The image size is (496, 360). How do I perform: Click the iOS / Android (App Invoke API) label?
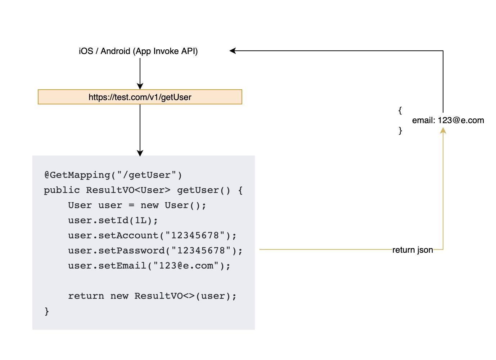pos(138,51)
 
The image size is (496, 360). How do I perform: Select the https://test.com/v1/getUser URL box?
pos(140,97)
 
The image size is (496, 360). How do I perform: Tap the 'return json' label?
pos(412,250)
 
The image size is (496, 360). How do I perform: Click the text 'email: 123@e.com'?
pos(448,120)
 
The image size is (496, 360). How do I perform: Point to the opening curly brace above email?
pos(400,110)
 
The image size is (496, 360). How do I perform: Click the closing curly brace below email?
pos(400,130)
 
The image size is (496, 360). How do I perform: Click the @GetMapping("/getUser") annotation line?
pos(113,175)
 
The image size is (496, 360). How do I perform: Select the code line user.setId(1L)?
pos(113,220)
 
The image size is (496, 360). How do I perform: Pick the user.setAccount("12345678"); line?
pos(152,235)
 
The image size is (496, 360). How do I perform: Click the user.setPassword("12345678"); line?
pos(155,251)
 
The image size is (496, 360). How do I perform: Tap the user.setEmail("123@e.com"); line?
pos(149,266)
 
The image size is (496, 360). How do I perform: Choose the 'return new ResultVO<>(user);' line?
pos(152,296)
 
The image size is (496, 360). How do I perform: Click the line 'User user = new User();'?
pos(137,205)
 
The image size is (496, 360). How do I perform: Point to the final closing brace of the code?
pos(47,311)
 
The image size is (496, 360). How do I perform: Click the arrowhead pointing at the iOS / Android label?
pos(233,51)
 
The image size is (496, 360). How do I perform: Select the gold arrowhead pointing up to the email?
pos(443,131)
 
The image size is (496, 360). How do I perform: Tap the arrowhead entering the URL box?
pos(140,86)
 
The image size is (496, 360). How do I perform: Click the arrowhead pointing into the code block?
pos(140,153)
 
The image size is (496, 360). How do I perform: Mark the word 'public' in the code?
pos(62,190)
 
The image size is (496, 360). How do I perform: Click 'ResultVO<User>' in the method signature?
pos(128,190)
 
